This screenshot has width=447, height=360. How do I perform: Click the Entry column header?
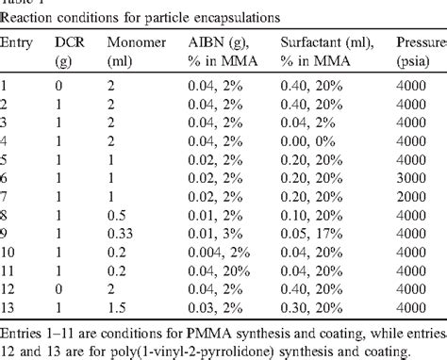click(x=19, y=43)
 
